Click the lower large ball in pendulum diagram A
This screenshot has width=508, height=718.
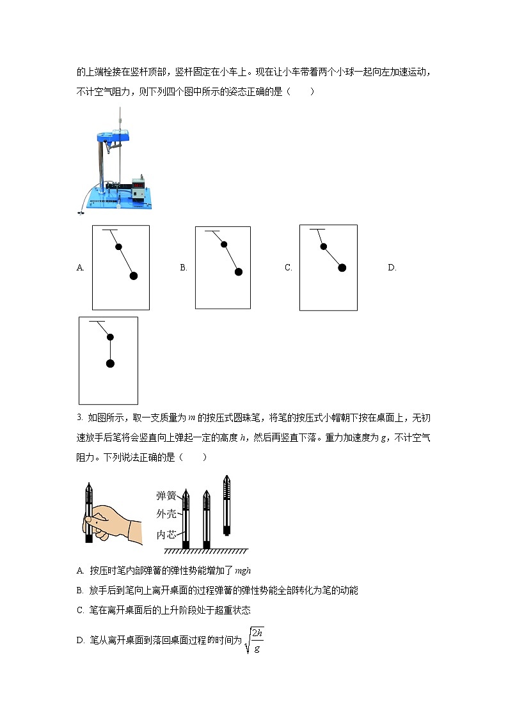coord(134,276)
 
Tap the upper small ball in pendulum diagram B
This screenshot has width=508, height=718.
coord(223,244)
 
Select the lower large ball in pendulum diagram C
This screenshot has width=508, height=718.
coord(342,268)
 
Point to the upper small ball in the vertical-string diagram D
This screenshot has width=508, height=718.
coord(110,337)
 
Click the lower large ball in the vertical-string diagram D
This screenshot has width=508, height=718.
coord(110,364)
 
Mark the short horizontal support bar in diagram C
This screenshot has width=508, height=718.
coord(317,229)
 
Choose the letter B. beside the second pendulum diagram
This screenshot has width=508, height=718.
coord(184,268)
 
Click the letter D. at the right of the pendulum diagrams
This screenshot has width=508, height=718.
coord(392,268)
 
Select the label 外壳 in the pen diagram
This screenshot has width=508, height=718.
coord(166,513)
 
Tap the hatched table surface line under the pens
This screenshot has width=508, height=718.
coord(205,551)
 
